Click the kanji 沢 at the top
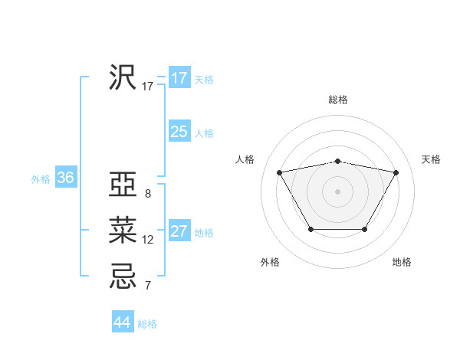click(123, 77)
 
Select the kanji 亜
click(123, 186)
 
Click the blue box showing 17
click(179, 78)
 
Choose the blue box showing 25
click(179, 132)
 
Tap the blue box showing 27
click(179, 231)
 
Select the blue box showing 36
click(65, 178)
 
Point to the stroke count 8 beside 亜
click(148, 194)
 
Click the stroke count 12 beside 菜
click(148, 240)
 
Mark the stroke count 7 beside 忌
click(148, 286)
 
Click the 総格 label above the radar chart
click(337, 100)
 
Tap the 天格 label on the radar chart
click(432, 159)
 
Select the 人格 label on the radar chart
click(245, 159)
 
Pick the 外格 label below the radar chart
click(270, 263)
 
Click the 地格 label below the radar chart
click(402, 263)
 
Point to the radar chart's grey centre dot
click(337, 191)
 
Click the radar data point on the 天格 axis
click(396, 172)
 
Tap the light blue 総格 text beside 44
click(147, 324)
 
